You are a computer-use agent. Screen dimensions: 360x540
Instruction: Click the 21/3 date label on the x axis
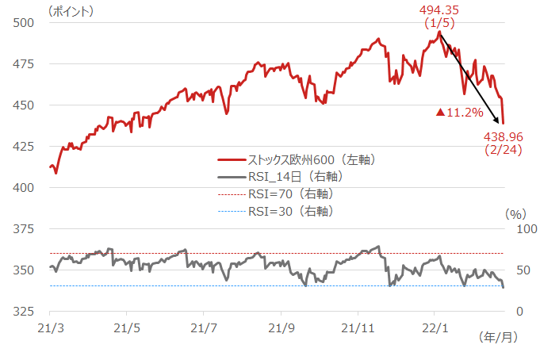tap(50, 327)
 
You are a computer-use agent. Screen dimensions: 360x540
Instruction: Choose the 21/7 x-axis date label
tap(205, 327)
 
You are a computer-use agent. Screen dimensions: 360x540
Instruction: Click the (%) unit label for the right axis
tap(516, 213)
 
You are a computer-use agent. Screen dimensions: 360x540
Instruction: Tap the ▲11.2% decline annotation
tap(460, 113)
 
